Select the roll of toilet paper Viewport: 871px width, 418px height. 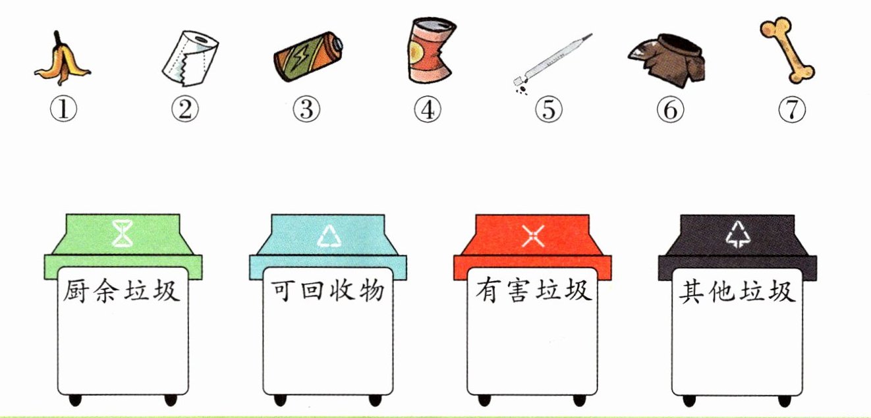tap(190, 59)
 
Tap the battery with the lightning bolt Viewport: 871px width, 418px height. tap(308, 57)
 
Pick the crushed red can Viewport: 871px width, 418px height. tap(431, 51)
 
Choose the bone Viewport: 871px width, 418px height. tap(787, 50)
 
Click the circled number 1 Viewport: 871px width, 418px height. tap(64, 109)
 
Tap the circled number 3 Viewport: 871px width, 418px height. tap(306, 109)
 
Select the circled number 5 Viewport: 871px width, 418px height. tap(549, 109)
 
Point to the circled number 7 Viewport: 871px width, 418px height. tap(792, 109)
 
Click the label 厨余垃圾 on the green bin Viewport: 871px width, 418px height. tap(121, 290)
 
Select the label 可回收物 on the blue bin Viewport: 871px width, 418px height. tap(327, 290)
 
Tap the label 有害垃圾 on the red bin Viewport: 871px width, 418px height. tap(534, 290)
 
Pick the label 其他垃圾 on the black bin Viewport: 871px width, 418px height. tap(737, 292)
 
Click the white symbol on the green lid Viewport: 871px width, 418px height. tap(123, 234)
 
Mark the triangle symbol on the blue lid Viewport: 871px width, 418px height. tap(329, 236)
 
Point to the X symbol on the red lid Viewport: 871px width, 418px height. tap(533, 236)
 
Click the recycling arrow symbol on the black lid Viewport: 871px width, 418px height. tap(738, 234)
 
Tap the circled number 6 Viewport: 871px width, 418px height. tap(670, 109)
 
